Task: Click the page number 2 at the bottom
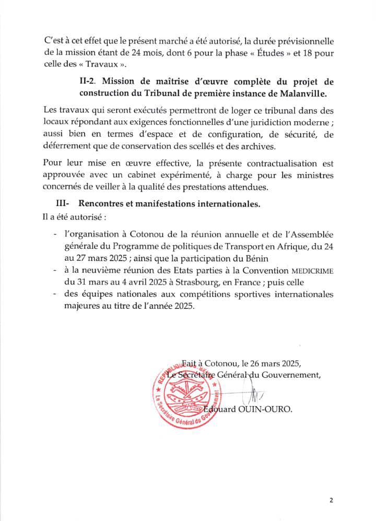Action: point(331,500)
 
